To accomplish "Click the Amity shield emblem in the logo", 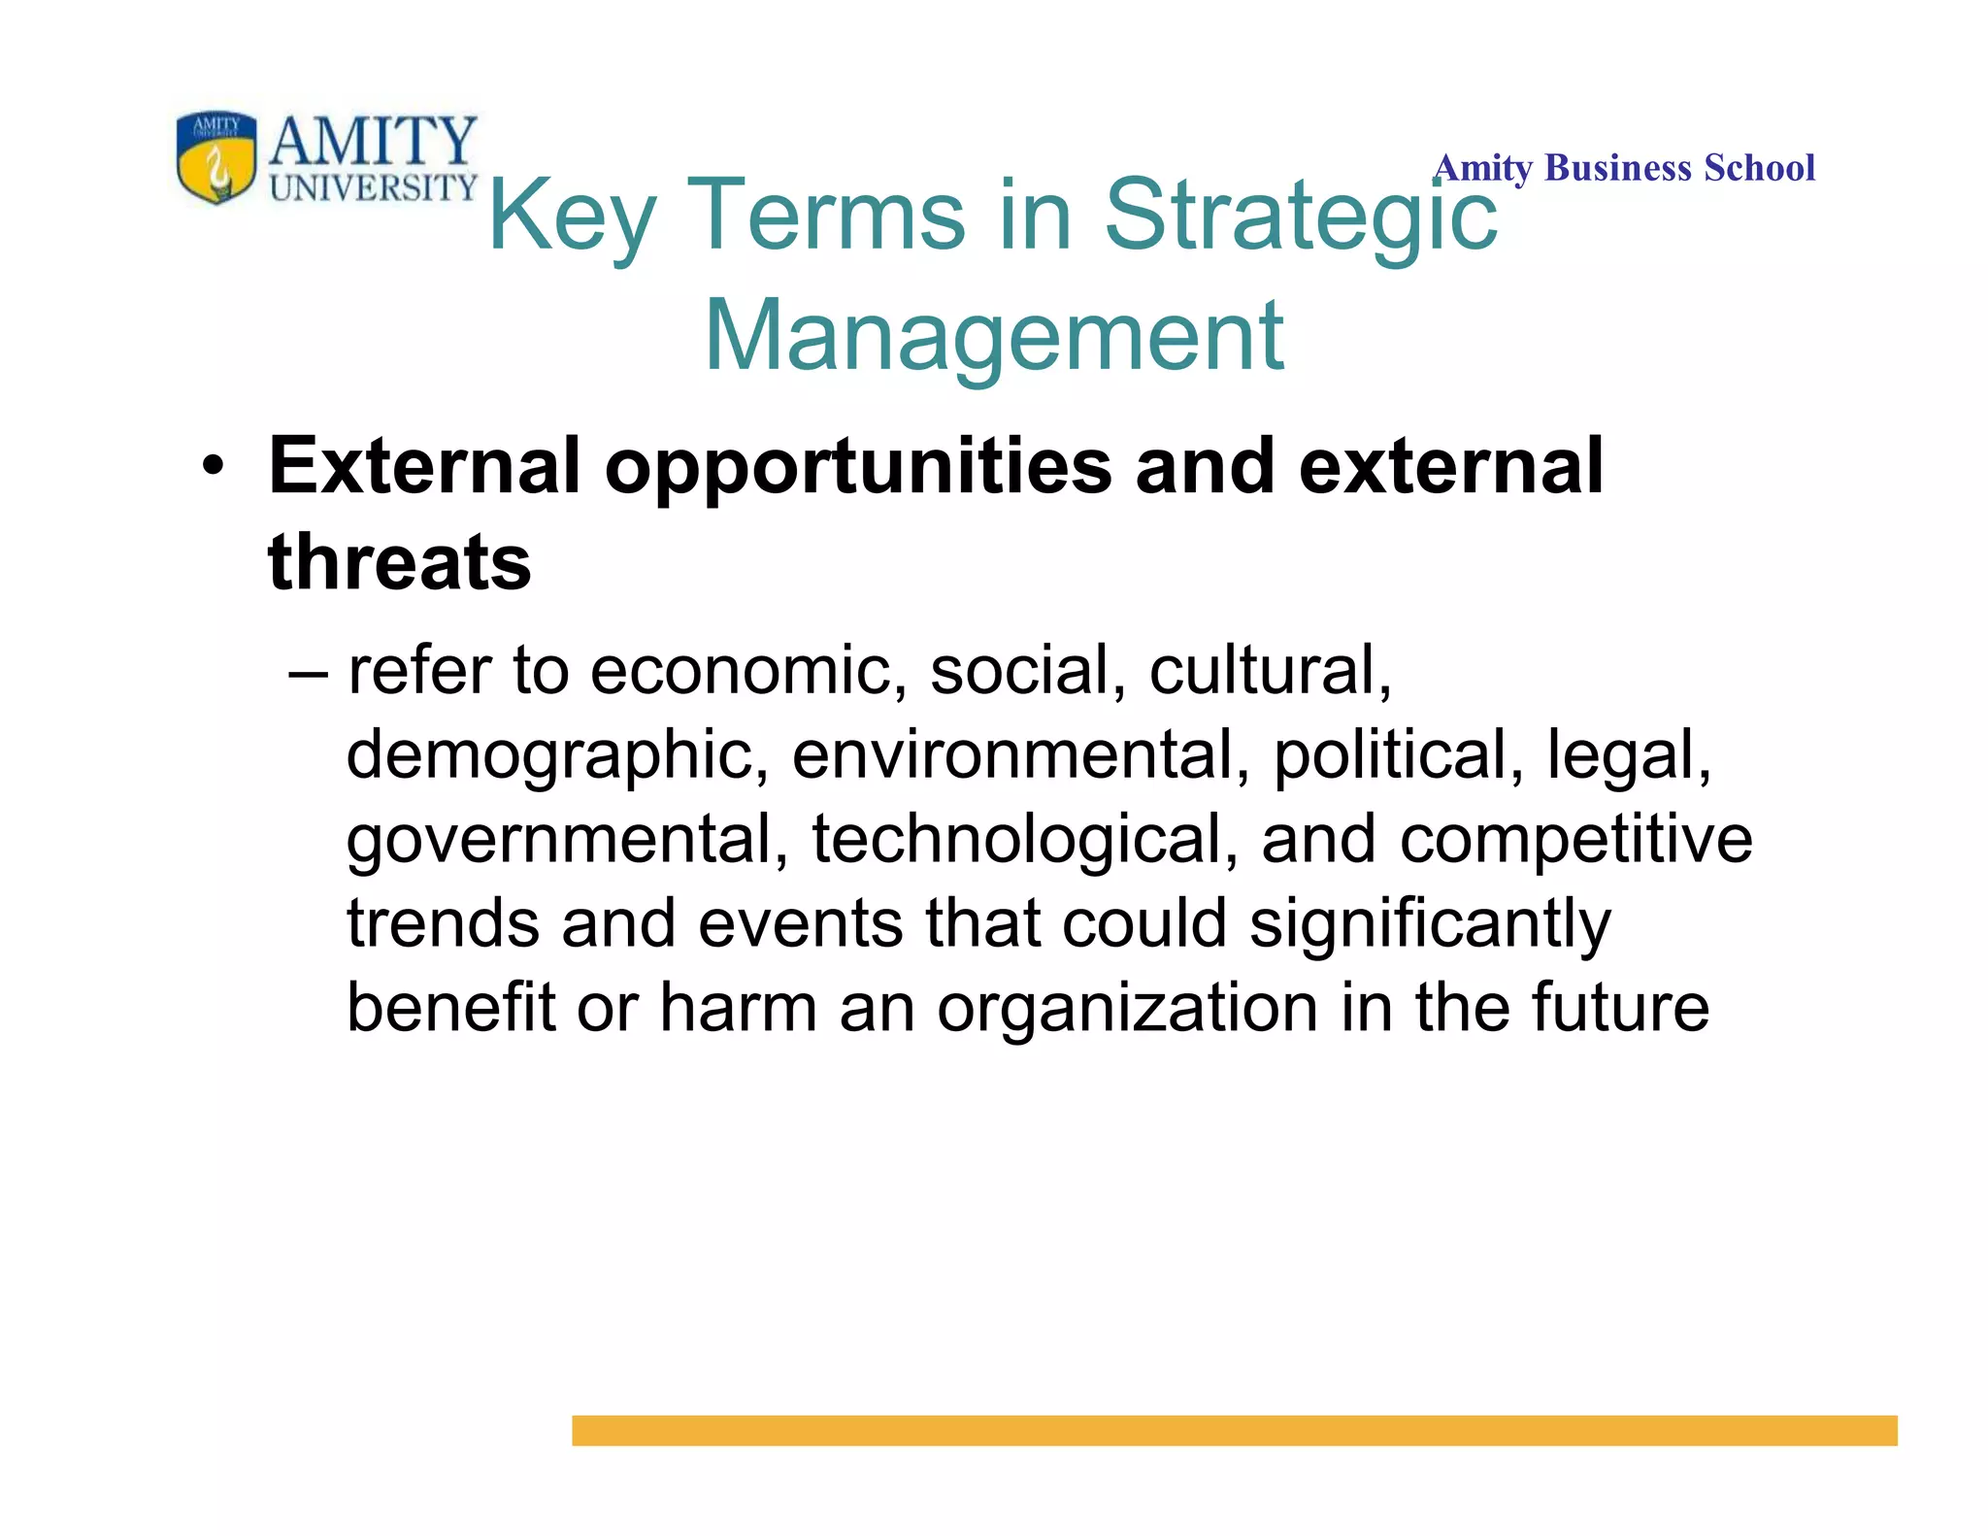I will click(216, 155).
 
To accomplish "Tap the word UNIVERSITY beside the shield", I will click(374, 186).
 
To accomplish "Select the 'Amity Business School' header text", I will click(1624, 168).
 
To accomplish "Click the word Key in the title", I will click(572, 216).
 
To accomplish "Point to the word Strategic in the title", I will click(1301, 216).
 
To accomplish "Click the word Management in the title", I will click(994, 335).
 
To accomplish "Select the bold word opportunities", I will click(858, 467).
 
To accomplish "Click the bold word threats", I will click(399, 562).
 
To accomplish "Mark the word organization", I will click(1127, 1008).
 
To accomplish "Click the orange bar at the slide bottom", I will click(1234, 1430).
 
